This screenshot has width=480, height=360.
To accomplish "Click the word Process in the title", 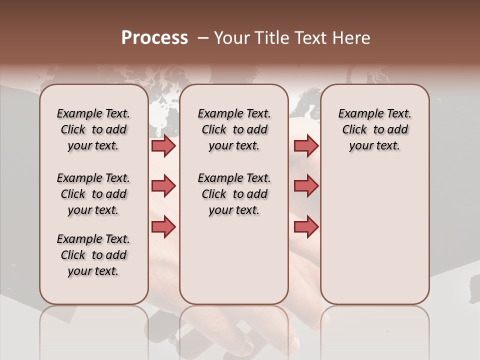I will [154, 38].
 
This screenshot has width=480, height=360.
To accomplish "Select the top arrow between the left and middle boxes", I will [163, 145].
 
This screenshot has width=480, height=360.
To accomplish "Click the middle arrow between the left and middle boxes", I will [163, 186].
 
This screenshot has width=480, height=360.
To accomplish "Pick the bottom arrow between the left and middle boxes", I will [163, 226].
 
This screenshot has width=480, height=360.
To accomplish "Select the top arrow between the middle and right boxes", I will [306, 145].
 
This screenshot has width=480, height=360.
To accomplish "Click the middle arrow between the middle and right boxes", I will [306, 186].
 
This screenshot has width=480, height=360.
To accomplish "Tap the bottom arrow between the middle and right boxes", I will [306, 226].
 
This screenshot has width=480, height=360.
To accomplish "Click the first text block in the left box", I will [93, 129].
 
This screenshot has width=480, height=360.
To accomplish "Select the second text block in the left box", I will [93, 194].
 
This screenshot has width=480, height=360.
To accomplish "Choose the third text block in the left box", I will [93, 255].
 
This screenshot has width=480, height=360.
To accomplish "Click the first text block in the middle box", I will [234, 129].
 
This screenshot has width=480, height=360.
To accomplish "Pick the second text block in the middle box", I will [234, 194].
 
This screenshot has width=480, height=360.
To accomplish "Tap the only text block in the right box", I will [374, 129].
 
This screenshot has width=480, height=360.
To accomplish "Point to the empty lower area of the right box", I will [374, 235].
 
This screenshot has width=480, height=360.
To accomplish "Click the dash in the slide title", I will [202, 38].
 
